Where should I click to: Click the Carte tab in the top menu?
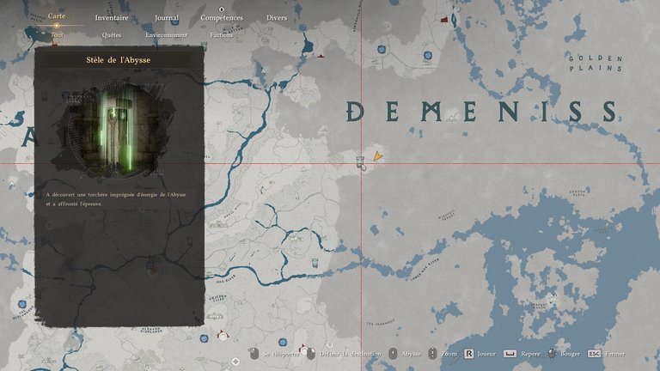(57, 17)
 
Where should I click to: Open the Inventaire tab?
(112, 17)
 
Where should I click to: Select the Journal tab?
(167, 17)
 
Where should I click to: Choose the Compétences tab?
(222, 17)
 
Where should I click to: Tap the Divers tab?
(277, 17)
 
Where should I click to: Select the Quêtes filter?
(112, 35)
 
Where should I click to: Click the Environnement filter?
(167, 35)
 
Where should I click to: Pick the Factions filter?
(222, 35)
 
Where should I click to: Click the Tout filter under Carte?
(57, 35)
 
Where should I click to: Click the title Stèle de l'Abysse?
(119, 61)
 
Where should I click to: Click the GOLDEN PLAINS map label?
(594, 62)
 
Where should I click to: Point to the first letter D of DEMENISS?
(355, 111)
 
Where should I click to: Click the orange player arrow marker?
(376, 156)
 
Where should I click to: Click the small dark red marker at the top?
(444, 18)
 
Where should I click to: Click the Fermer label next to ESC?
(614, 353)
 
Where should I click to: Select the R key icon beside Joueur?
(469, 353)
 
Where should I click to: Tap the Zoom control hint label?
(449, 353)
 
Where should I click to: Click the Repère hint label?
(531, 353)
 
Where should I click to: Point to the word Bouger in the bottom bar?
(570, 353)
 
